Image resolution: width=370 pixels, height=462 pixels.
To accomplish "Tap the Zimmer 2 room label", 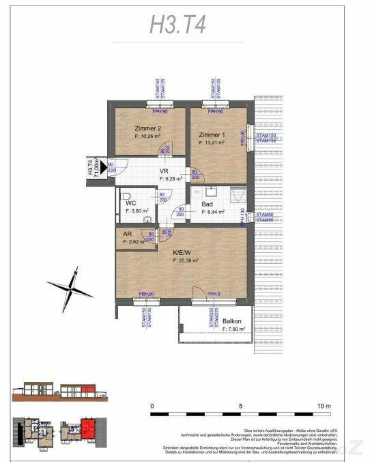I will (147, 128).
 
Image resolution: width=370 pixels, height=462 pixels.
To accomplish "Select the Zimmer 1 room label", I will (212, 135).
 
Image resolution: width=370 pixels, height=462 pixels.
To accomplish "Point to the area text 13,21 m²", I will (212, 144).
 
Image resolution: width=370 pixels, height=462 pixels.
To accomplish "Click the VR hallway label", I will (165, 171).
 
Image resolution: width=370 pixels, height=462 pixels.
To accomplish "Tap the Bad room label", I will (208, 204).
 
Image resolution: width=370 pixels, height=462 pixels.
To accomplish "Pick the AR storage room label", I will (127, 234).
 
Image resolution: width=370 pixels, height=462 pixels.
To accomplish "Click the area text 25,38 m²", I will (185, 260).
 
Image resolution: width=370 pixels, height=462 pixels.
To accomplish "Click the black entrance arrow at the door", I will (102, 165).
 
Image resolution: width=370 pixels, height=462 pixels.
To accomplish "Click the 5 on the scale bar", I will (240, 406).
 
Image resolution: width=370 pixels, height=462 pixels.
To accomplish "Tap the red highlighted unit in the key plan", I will (87, 430).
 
